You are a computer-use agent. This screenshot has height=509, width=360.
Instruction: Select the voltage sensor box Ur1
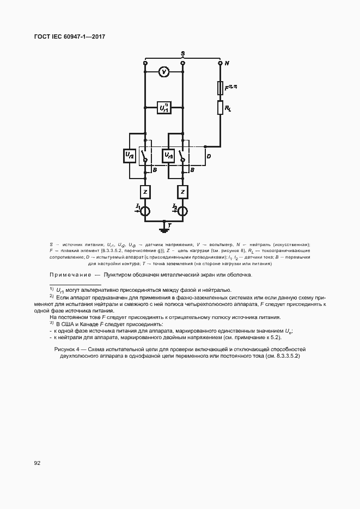point(164,108)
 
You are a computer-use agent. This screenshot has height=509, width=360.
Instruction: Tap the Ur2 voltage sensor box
point(129,156)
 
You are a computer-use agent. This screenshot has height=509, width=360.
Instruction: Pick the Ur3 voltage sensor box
point(168,156)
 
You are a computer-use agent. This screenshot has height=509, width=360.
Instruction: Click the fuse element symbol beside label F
point(220,87)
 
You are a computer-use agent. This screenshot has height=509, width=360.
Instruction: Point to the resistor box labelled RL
point(220,108)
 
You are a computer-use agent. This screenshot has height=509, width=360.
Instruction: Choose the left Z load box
point(145,192)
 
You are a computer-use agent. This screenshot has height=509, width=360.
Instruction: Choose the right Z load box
point(183,192)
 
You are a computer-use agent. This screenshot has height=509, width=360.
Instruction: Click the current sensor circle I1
point(145,211)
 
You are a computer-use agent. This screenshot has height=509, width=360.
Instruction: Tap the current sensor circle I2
point(183,211)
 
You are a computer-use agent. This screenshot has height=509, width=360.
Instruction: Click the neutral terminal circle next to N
point(220,63)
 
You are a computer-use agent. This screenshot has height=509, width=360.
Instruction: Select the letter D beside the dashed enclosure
point(209,157)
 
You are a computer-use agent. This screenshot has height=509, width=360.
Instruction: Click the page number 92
point(38,463)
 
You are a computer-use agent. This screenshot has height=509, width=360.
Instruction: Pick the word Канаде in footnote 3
point(91,324)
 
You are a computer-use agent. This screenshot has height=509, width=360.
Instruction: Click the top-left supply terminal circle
point(145,63)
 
